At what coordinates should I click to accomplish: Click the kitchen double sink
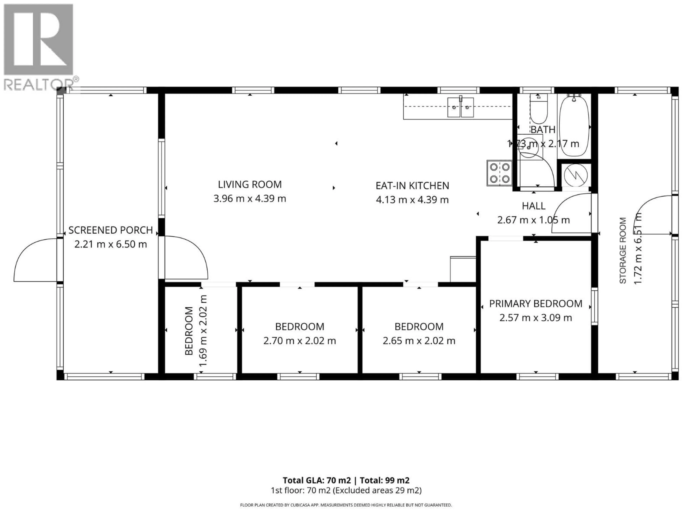coord(460,107)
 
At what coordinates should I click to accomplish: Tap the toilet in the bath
coord(538,110)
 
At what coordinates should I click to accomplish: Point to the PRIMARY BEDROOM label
coord(536,303)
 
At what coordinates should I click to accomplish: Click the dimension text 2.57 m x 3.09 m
coord(536,318)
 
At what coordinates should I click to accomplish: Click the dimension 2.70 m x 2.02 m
coord(299,341)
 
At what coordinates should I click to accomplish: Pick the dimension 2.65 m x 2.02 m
coord(419,341)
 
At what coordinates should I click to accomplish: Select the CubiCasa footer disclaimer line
coord(346,505)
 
